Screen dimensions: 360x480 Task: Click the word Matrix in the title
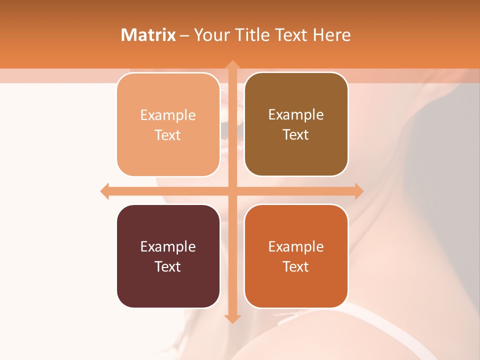[148, 35]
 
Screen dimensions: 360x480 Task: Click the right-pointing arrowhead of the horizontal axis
[358, 191]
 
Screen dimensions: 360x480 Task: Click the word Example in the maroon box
[168, 246]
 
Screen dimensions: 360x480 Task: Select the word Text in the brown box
[296, 135]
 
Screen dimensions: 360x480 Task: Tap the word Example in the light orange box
[168, 115]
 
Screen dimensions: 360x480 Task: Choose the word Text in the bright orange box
[296, 266]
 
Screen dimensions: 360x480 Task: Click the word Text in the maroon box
[168, 266]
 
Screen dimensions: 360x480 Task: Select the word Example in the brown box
[296, 114]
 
